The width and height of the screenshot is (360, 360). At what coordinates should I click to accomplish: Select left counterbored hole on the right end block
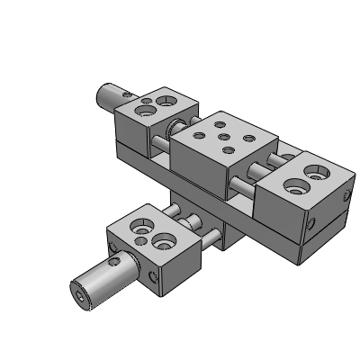coord(292,187)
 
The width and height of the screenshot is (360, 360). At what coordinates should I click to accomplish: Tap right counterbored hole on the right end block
coord(318,169)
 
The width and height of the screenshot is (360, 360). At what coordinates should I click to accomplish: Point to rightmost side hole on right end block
coord(342,193)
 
